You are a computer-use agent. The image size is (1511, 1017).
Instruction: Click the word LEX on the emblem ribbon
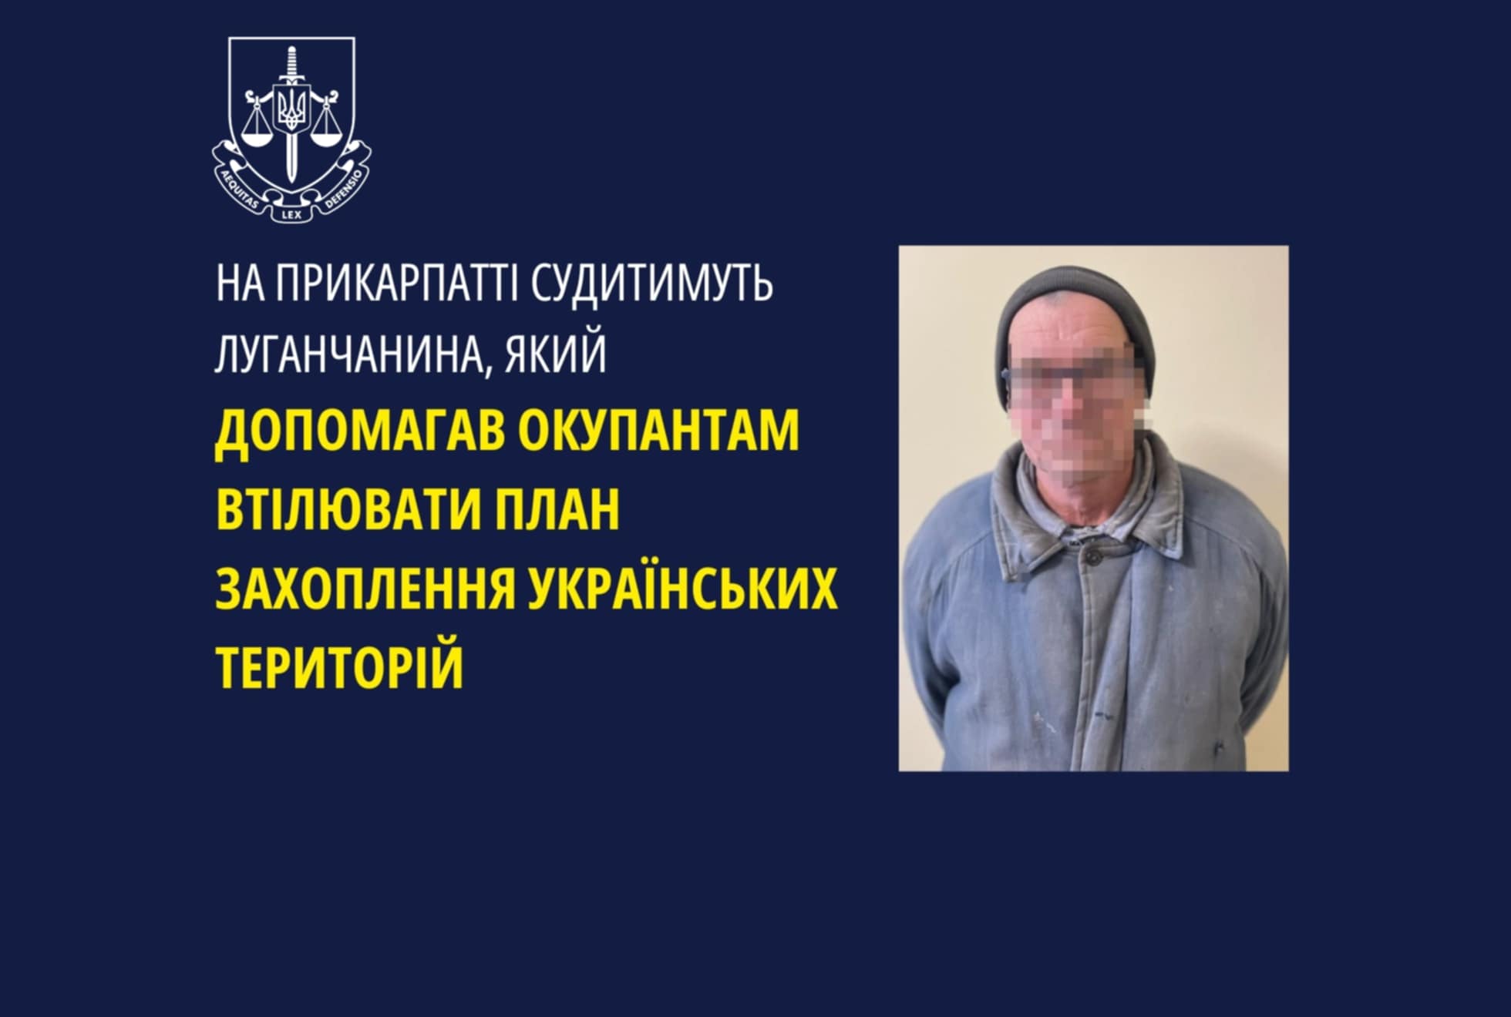(291, 215)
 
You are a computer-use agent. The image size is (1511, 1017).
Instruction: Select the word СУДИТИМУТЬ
(652, 284)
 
